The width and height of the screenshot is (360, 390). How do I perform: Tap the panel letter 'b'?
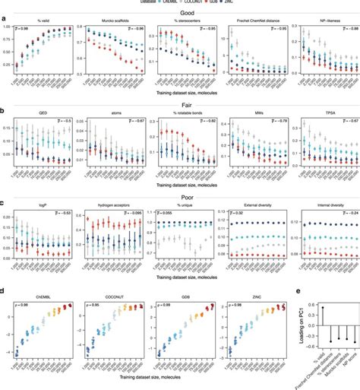(x=4, y=109)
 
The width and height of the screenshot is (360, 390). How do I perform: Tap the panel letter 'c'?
(x=4, y=200)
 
